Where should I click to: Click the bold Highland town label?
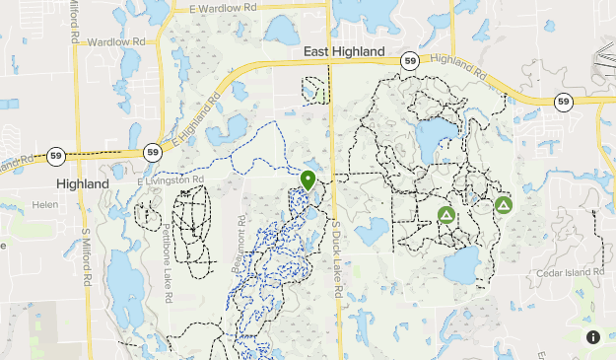[x=83, y=184]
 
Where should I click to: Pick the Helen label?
[x=45, y=204]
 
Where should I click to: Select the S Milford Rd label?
[x=87, y=259]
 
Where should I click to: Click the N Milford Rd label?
[x=76, y=24]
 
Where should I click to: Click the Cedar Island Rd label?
[x=569, y=272]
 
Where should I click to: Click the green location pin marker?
[x=308, y=180]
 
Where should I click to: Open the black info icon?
[x=593, y=336]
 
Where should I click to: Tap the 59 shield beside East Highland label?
[x=409, y=60]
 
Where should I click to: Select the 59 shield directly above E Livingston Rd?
[x=152, y=152]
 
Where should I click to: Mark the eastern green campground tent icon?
[x=504, y=205]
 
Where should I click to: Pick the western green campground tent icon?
[x=446, y=214]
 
